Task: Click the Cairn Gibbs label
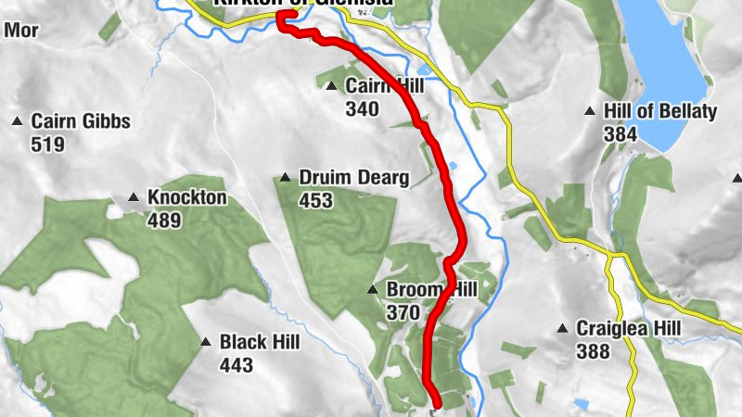tap(81, 121)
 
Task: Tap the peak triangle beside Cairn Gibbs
tap(17, 121)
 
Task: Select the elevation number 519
tap(47, 145)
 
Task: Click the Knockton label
tap(186, 197)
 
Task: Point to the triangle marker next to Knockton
tap(133, 197)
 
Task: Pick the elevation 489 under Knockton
tap(163, 221)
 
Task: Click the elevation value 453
tap(315, 201)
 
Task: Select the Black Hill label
tap(260, 343)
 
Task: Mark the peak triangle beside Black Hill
tap(206, 343)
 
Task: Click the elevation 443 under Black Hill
tap(237, 365)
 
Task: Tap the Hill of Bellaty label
tap(660, 111)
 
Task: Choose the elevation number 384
tap(620, 134)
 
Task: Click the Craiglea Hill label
tap(629, 328)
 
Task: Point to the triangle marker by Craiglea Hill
tap(562, 329)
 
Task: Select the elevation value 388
tap(593, 351)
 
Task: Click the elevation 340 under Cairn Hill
tap(362, 109)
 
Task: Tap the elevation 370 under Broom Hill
tap(403, 313)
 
